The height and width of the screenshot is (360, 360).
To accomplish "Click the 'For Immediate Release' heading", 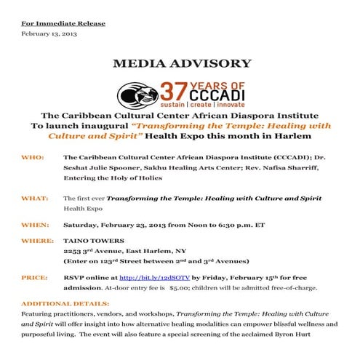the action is point(63,23).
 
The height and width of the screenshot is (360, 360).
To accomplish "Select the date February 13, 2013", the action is point(49,33).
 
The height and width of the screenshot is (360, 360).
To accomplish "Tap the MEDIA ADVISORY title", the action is point(182,63).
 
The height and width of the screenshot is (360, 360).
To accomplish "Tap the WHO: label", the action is point(33,156).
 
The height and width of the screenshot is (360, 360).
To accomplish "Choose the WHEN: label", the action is point(35,223).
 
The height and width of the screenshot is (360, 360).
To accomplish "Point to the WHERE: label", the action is point(37,240).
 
